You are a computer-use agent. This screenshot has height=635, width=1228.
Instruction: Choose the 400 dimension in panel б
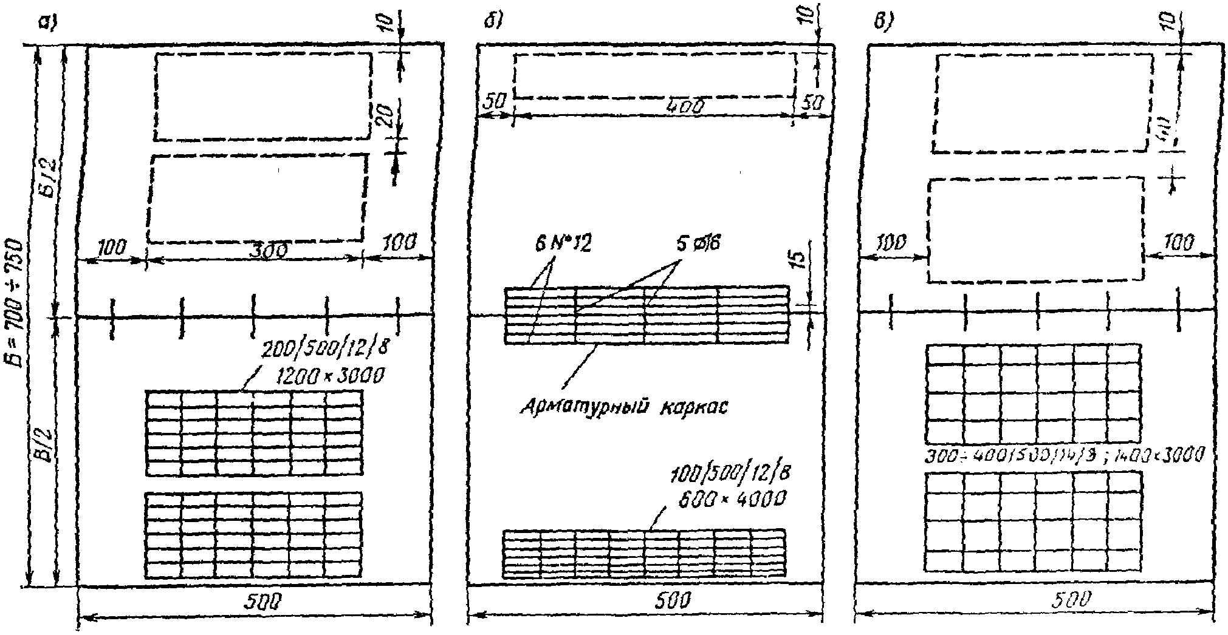[685, 107]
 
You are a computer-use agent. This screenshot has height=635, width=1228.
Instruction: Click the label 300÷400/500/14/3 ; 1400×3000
[1063, 456]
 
